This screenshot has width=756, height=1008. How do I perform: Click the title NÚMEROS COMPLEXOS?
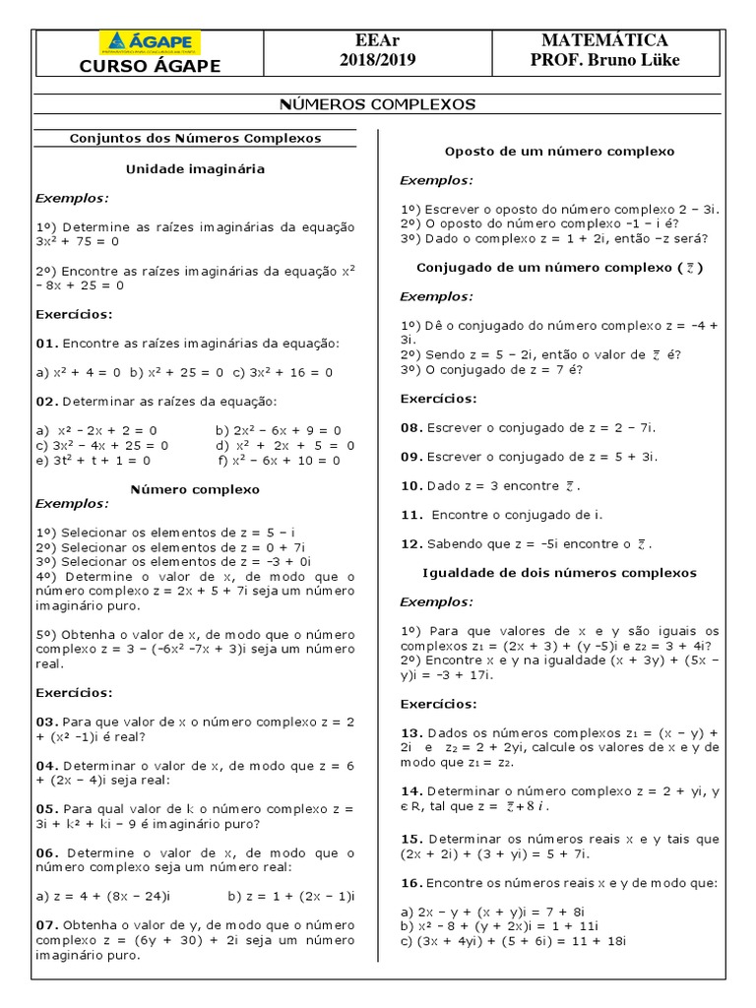[378, 103]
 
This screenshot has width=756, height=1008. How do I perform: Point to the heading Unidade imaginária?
[195, 168]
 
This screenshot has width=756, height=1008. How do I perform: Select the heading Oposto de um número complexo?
[559, 152]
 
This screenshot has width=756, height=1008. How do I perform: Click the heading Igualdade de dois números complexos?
[559, 572]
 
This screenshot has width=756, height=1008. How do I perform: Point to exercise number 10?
[410, 485]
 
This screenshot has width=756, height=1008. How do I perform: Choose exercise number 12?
[410, 543]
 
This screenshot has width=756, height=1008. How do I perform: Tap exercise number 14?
[410, 789]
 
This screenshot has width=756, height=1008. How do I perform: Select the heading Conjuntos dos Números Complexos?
[195, 139]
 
